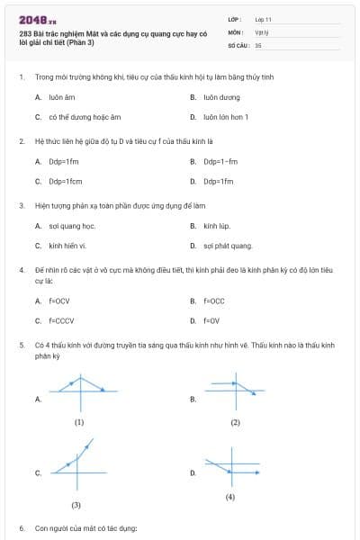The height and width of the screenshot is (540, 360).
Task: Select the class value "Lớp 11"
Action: tap(263, 18)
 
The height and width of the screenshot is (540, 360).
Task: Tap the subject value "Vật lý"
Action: tap(262, 31)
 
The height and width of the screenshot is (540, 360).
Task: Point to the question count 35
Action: tap(258, 44)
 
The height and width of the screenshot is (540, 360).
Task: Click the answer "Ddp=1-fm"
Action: tap(220, 162)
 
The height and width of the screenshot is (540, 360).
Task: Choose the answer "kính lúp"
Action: tap(217, 226)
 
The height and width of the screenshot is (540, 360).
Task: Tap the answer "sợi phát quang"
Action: tap(228, 246)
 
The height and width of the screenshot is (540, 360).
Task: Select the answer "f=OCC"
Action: tap(214, 301)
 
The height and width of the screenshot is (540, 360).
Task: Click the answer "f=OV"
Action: tap(211, 320)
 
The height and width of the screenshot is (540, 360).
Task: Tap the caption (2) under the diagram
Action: tap(235, 422)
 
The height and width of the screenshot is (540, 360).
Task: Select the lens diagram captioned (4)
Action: tap(231, 469)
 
